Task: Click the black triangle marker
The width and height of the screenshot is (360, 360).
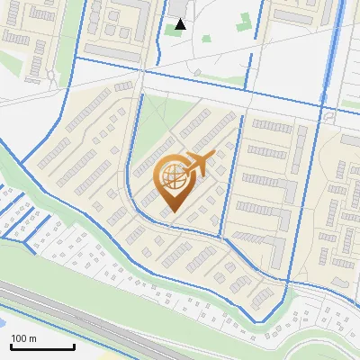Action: coord(180,23)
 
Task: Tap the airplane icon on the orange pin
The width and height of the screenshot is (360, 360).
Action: coord(201,164)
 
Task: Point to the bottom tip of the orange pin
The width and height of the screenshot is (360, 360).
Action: coord(172,212)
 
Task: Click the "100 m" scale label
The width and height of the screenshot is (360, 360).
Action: coord(24,338)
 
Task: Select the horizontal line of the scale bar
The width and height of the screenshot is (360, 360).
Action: coord(42,346)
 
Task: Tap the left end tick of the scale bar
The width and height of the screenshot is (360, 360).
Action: coord(11,345)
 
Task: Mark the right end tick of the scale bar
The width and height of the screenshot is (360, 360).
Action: coord(74,345)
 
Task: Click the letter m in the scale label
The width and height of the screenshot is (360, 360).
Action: coord(32,338)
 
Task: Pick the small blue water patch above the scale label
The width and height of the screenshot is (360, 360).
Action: coord(3,319)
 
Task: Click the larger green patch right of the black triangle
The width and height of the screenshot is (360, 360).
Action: coord(244,23)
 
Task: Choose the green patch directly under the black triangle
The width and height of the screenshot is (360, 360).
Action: coord(172,31)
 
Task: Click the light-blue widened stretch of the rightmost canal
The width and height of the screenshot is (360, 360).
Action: coord(338,36)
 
